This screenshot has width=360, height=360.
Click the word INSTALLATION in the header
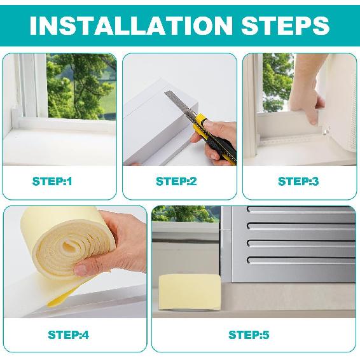click(123, 25)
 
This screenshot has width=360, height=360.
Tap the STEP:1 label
click(53, 181)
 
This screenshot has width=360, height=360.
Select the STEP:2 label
click(176, 181)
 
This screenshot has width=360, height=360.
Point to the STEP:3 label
click(298, 181)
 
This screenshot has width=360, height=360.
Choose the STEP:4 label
click(68, 335)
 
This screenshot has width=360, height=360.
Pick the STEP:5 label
click(249, 335)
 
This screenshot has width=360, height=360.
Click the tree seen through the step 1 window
click(80, 83)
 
